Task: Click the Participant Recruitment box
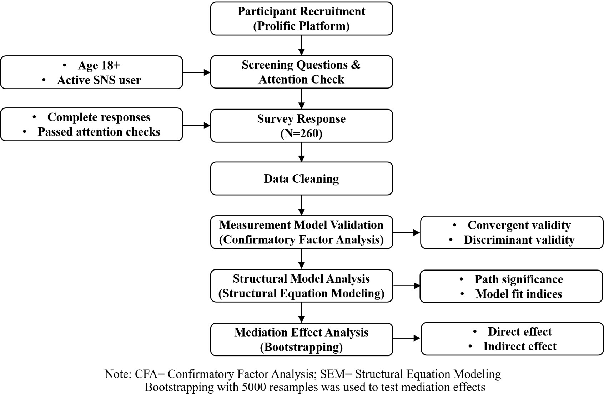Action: [301, 19]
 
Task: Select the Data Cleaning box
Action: [301, 178]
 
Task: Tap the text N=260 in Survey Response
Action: [301, 133]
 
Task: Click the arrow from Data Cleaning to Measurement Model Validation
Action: [301, 205]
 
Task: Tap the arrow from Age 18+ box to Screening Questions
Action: [197, 72]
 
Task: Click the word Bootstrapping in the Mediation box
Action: [301, 347]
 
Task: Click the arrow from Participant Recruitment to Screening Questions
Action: [301, 45]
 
